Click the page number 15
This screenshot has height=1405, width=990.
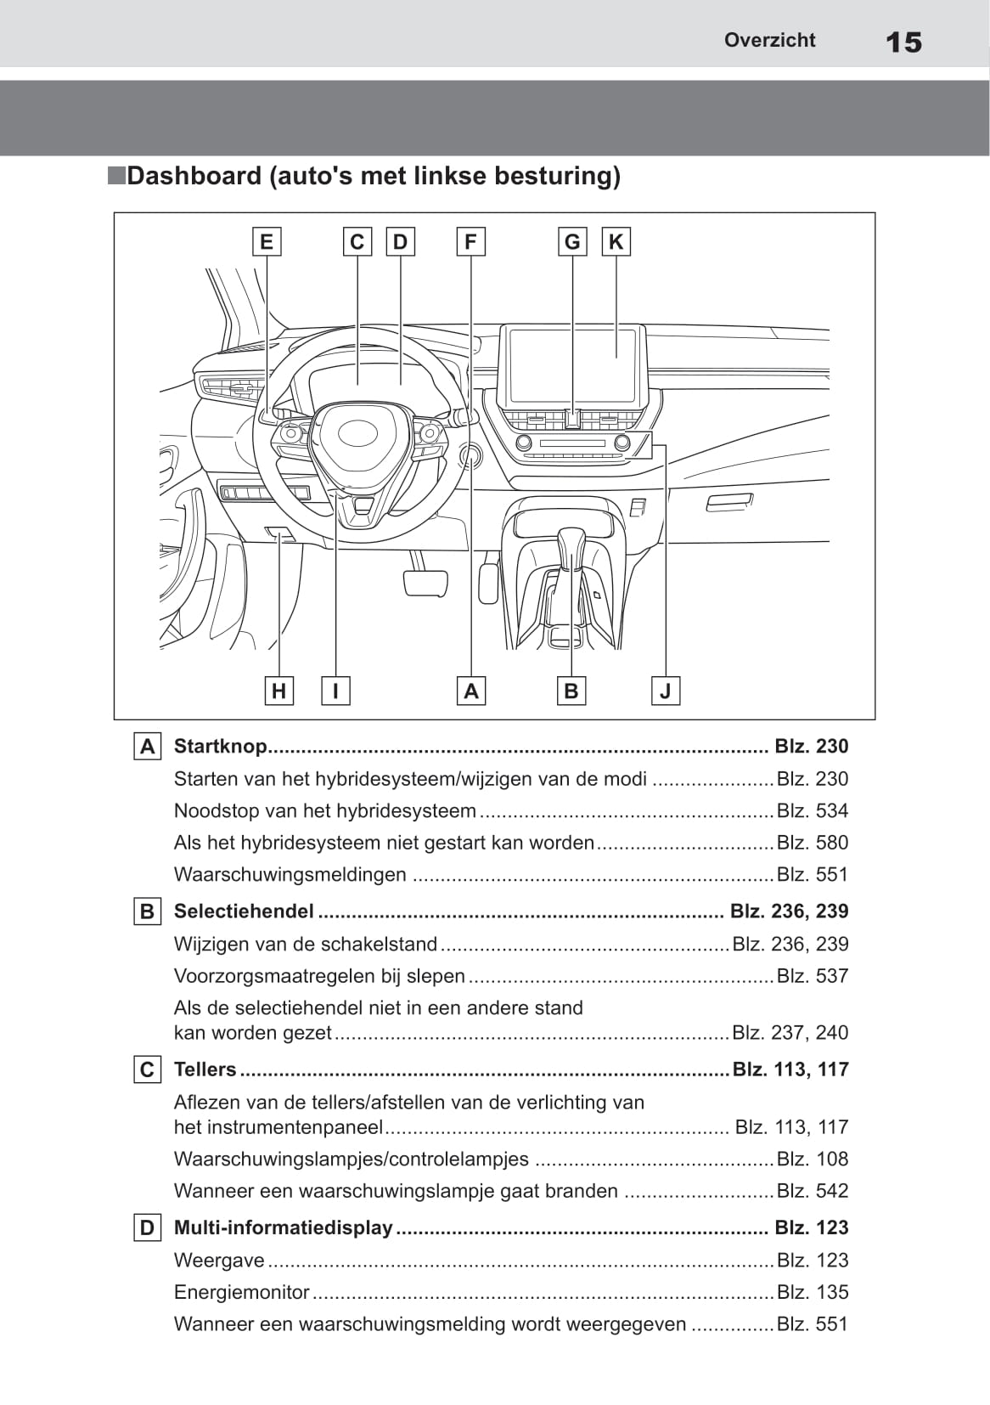click(x=903, y=42)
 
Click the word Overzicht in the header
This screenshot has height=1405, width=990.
click(x=769, y=40)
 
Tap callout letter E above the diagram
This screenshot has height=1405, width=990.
click(x=267, y=242)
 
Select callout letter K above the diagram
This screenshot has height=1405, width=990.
click(x=616, y=242)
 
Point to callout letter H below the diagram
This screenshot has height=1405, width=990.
click(x=278, y=691)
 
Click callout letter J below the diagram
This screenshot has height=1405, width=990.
click(x=665, y=691)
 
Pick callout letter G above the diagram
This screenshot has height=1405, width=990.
click(x=572, y=242)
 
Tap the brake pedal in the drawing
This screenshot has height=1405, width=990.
click(x=425, y=583)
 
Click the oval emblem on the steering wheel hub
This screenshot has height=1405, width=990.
click(x=357, y=432)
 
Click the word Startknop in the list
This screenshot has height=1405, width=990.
click(x=220, y=746)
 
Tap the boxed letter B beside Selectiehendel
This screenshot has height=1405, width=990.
click(x=147, y=911)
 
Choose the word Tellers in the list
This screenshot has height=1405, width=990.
click(x=205, y=1069)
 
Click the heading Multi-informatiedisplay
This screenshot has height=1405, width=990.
click(x=283, y=1227)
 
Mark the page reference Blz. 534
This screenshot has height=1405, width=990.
click(x=812, y=811)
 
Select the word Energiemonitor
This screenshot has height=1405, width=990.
click(x=241, y=1292)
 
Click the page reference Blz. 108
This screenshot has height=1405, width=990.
click(x=812, y=1159)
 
